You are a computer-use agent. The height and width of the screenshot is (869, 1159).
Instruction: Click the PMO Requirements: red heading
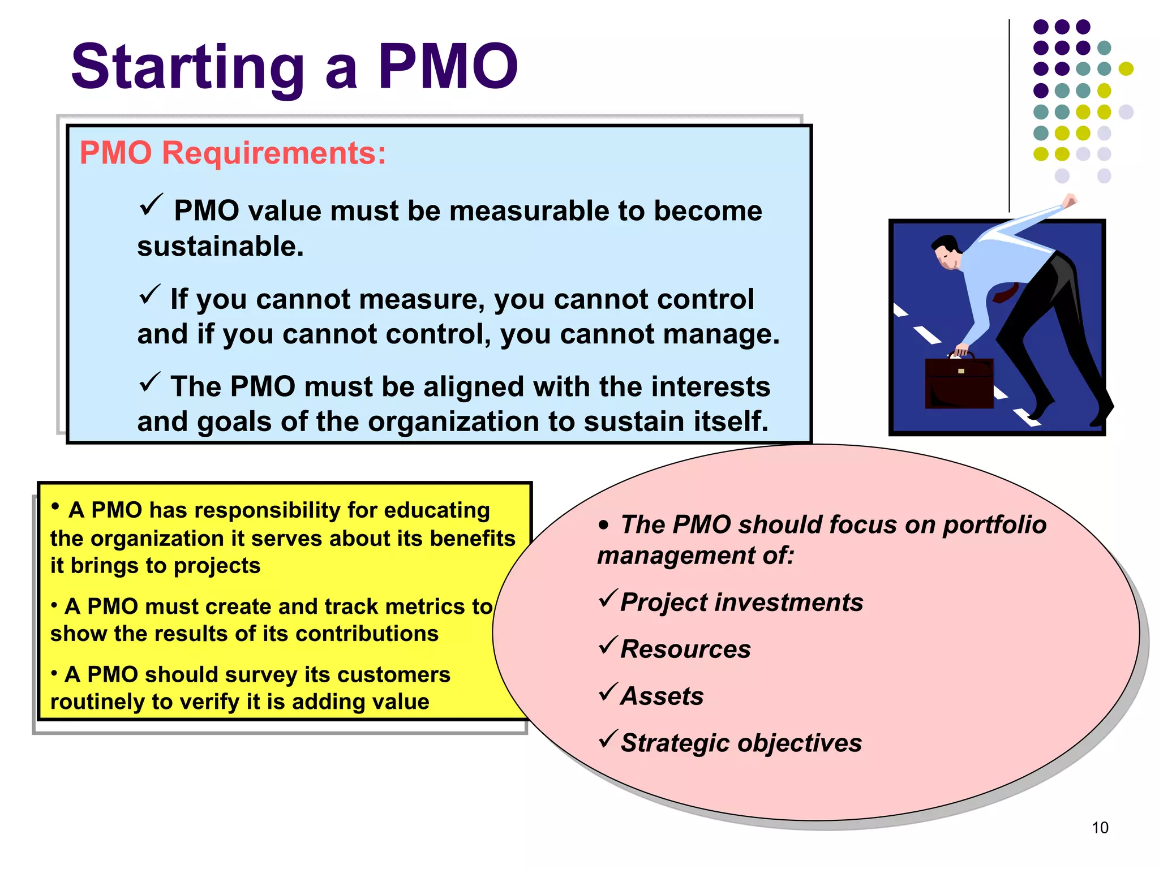coord(233,153)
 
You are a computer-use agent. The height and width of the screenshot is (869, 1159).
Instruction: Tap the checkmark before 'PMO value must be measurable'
coord(151,204)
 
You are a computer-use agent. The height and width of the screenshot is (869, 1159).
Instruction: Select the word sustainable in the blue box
coord(220,247)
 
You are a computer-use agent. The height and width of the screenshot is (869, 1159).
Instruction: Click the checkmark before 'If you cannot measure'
coord(150,294)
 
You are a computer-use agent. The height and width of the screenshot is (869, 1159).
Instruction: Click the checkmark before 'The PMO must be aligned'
coord(150,382)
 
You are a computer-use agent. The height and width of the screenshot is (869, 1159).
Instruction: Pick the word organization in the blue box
coord(452,422)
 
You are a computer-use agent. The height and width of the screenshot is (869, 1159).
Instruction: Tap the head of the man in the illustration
coord(946,252)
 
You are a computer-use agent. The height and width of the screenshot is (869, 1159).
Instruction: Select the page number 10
coord(1100,828)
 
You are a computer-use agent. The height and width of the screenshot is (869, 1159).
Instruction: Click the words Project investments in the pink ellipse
coord(741,603)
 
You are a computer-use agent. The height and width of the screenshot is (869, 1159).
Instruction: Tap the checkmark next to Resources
coord(607,645)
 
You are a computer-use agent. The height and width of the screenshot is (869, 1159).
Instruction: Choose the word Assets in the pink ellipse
coord(662,696)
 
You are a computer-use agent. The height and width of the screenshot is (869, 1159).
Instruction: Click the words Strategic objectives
coord(741,743)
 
